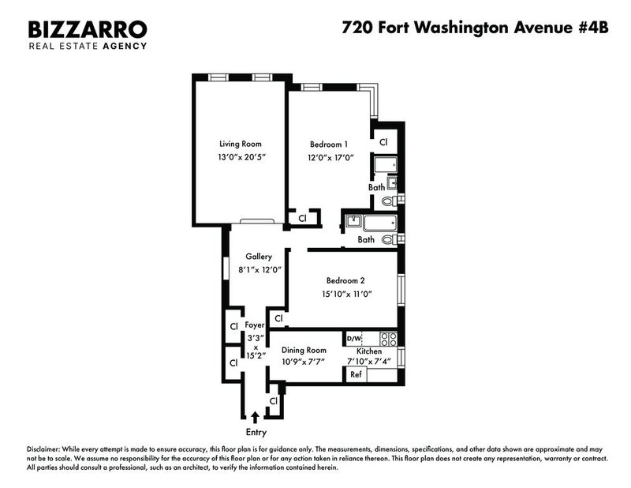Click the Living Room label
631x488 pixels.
[x=241, y=144]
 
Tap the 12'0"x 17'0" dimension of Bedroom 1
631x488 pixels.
[x=330, y=158]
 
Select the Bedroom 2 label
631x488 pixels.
[x=345, y=280]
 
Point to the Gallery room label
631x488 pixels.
[x=259, y=257]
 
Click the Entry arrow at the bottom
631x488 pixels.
[x=255, y=417]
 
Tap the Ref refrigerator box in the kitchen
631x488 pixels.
[x=356, y=374]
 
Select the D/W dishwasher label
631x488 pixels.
[x=354, y=339]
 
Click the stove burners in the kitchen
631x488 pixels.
[x=388, y=339]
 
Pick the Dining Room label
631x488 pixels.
[x=304, y=350]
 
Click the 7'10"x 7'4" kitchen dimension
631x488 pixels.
[x=369, y=362]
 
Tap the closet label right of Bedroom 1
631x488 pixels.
[x=383, y=142]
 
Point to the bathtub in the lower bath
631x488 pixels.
[x=380, y=223]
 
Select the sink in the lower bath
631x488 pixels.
[x=353, y=221]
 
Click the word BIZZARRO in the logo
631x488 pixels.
[x=88, y=29]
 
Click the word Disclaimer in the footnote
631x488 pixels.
[x=43, y=449]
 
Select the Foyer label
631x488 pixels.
[x=255, y=325]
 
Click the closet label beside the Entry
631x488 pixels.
[x=274, y=401]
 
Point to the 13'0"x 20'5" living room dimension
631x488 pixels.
[x=242, y=157]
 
